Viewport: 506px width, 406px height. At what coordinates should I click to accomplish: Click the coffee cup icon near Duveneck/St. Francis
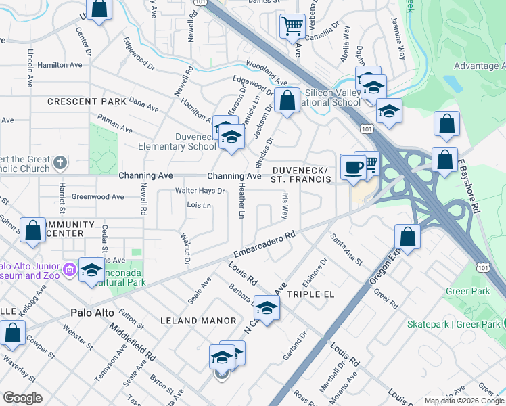coord(352,166)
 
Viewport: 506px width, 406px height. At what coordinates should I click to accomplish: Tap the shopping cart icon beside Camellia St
coord(292,26)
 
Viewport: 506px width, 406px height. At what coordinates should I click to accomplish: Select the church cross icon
coord(60,162)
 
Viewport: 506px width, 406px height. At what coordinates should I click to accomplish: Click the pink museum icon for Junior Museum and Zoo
coord(68,271)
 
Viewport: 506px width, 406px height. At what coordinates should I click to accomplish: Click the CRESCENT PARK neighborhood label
coord(87,101)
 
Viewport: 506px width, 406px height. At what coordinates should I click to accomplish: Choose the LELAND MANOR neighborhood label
coord(198,321)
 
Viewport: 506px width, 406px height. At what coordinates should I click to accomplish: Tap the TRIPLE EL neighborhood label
coord(310,295)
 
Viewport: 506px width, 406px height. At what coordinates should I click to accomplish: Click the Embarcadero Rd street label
coord(265,244)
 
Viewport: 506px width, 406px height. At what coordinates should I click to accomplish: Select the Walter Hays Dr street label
coord(200,191)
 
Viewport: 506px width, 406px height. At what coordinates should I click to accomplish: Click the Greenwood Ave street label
coord(99,197)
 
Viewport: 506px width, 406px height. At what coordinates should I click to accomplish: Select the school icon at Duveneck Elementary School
coord(231,137)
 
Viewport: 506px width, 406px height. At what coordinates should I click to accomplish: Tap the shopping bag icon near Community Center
coord(32,230)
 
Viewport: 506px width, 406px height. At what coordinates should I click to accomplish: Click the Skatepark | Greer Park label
coord(453,325)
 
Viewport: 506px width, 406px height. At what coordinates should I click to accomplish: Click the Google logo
coord(23,398)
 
